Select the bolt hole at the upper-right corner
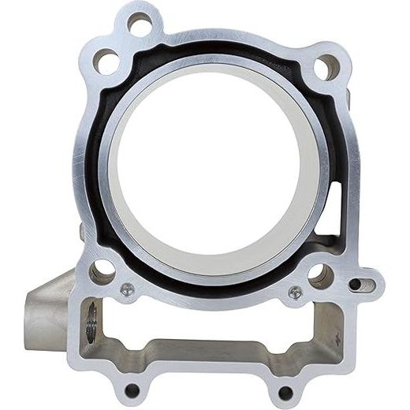[x=326, y=68]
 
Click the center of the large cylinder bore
[x=213, y=170]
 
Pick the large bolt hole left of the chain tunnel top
[x=102, y=273]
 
